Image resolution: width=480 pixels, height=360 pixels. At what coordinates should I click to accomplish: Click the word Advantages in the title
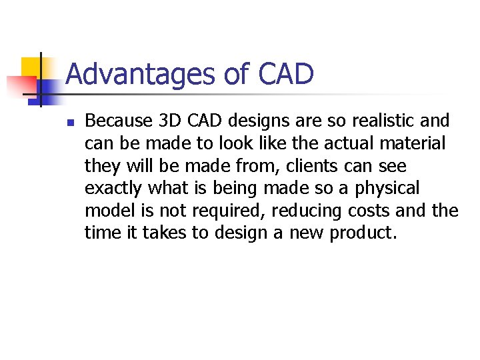pyautogui.click(x=141, y=74)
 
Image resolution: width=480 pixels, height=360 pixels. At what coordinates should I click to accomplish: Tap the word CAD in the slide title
pyautogui.click(x=283, y=74)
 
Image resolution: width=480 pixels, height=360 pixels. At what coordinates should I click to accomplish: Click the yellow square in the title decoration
pyautogui.click(x=31, y=67)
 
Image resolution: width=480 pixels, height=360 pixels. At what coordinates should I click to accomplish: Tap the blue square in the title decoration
pyautogui.click(x=45, y=89)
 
